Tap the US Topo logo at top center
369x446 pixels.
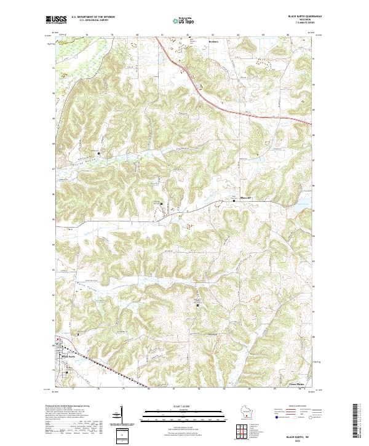184,20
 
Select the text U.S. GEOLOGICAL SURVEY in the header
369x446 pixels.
89,20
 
